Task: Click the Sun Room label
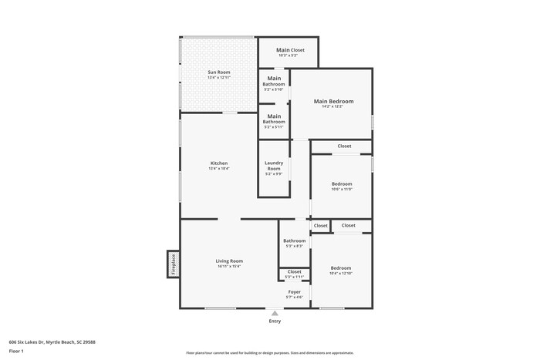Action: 219,72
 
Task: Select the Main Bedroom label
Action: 333,101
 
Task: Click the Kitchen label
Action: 219,163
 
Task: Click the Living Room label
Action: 229,261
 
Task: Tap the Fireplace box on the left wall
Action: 174,264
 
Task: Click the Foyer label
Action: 295,292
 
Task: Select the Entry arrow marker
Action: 275,313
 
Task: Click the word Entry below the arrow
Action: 275,321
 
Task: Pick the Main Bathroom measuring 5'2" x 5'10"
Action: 274,81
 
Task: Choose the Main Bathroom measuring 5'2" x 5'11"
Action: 274,119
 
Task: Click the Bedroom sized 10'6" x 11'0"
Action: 342,184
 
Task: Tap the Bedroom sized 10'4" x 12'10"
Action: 340,268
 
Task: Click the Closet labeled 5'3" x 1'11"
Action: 295,272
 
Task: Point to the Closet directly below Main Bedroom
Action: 344,146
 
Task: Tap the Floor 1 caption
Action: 16,351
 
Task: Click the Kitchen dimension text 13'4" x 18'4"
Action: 219,168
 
